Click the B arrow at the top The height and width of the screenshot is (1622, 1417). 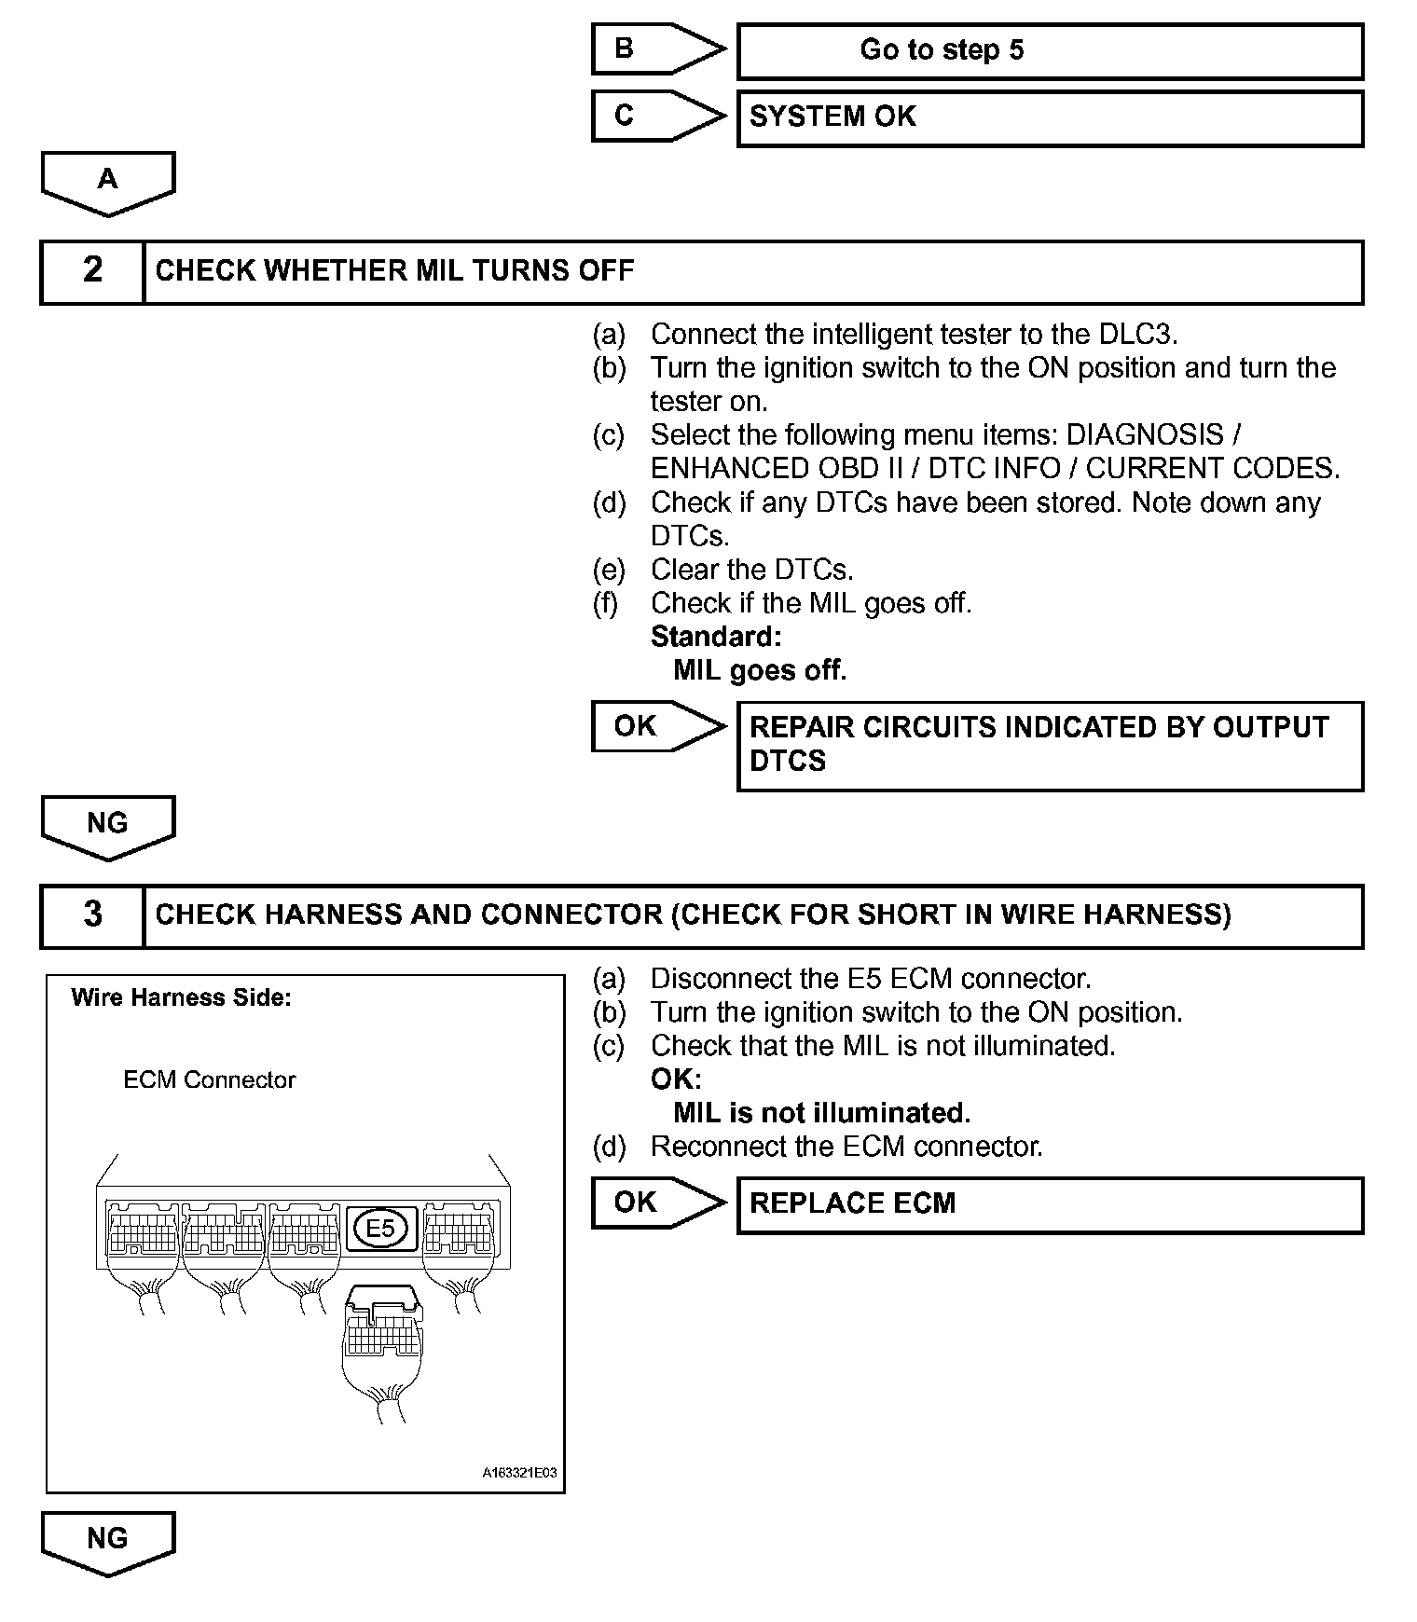point(657,49)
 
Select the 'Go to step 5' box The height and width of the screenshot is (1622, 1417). point(1050,51)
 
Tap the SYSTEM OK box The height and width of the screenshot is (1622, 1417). point(1050,117)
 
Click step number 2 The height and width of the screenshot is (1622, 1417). point(92,270)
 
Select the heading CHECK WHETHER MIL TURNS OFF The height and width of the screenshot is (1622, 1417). point(394,271)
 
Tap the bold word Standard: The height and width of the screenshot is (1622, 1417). point(716,637)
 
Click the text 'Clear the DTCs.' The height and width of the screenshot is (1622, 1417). point(751,570)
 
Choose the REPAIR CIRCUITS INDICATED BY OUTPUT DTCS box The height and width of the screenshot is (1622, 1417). point(1050,746)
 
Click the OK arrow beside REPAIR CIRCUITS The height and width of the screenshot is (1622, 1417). point(657,726)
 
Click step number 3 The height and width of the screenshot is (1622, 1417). point(92,914)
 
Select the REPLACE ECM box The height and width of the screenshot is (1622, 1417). point(1050,1204)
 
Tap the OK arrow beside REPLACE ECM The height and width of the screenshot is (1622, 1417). point(657,1203)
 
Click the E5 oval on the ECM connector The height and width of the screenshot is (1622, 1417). point(380,1228)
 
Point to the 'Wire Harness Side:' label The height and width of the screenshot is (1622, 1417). point(181,998)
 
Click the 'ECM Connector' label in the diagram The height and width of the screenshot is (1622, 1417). point(209,1080)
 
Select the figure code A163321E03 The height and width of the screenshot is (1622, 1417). point(518,1473)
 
